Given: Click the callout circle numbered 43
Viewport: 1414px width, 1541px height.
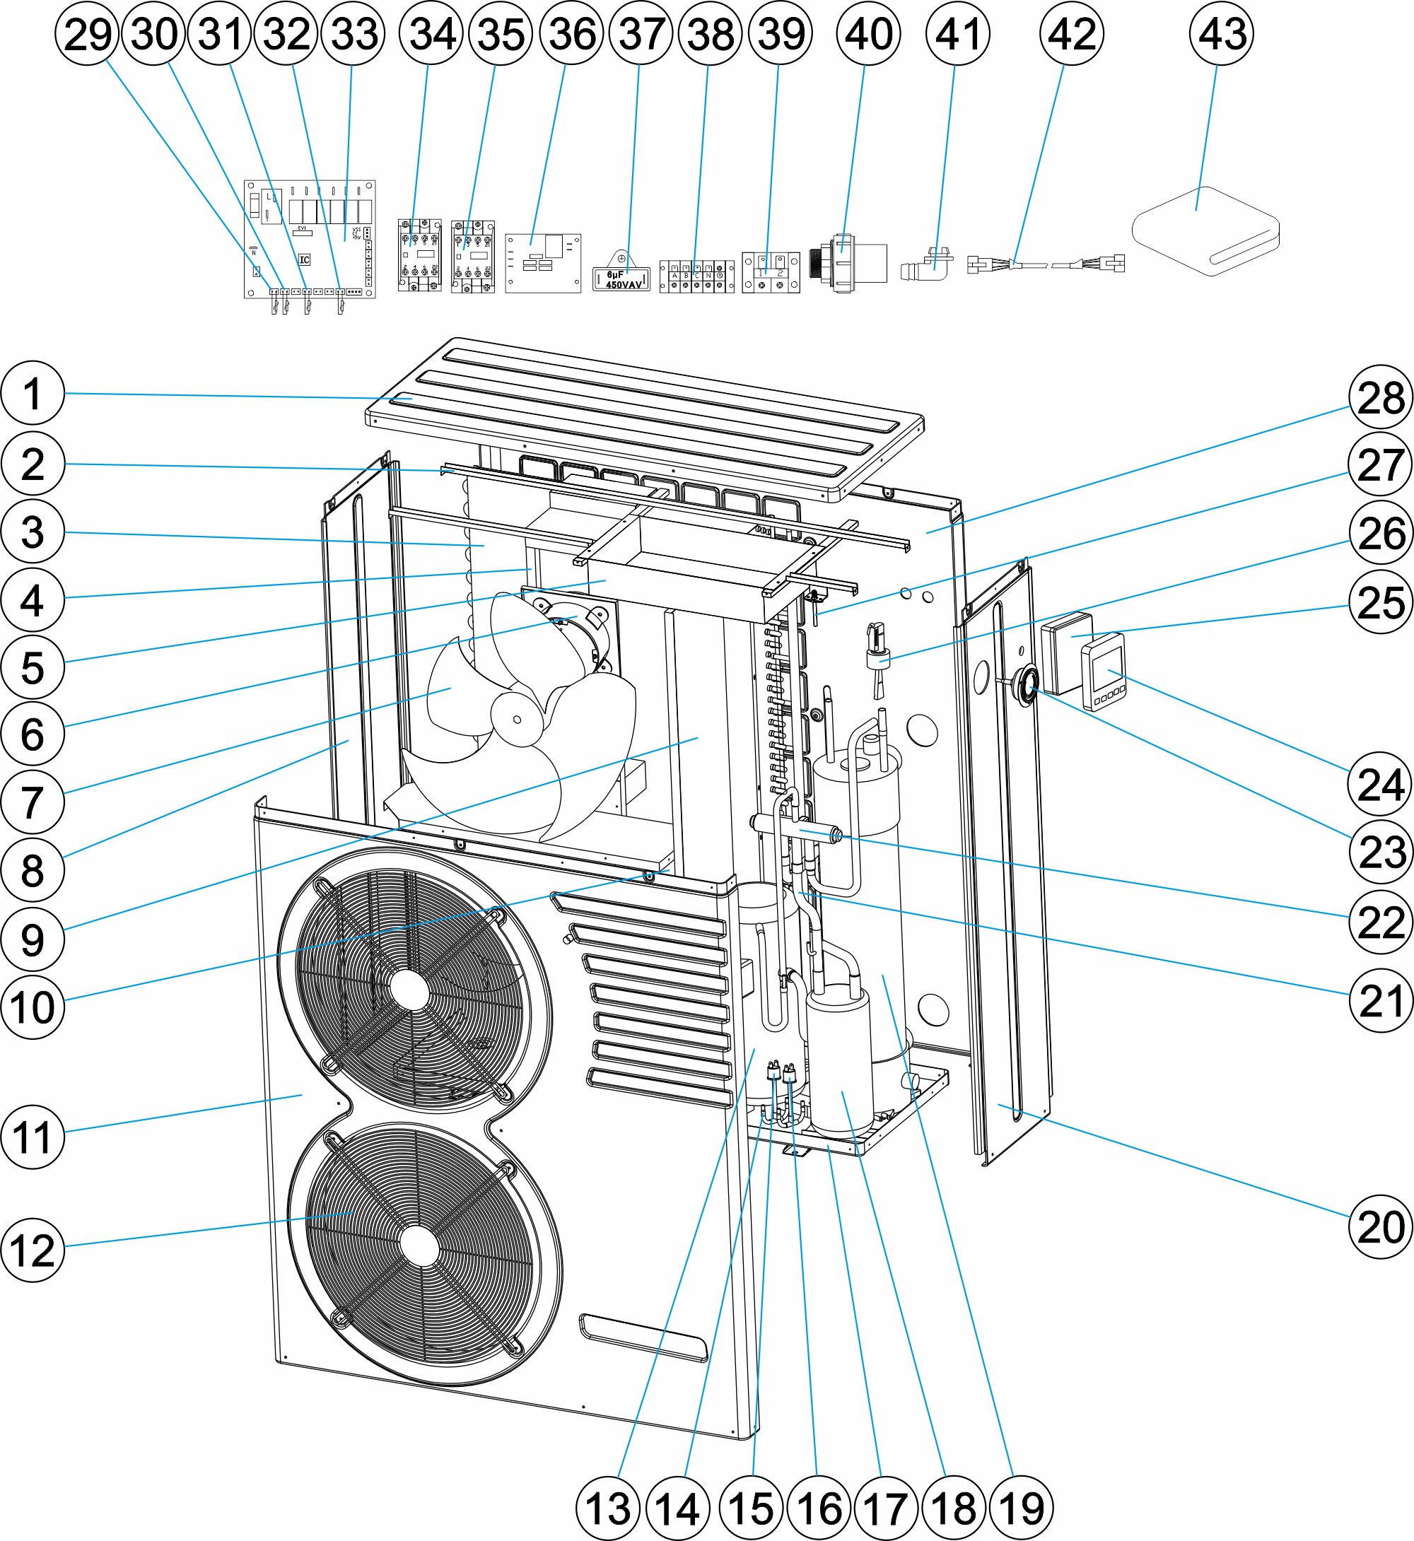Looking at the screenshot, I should tap(1222, 34).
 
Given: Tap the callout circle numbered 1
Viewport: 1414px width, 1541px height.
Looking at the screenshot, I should tap(32, 393).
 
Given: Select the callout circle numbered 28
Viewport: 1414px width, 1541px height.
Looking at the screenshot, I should tap(1380, 398).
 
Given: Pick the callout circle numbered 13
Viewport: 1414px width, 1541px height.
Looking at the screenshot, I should tap(608, 1508).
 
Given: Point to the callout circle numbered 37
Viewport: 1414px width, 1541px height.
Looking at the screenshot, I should tap(641, 34).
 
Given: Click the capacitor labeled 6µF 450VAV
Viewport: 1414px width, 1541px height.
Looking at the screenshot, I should tap(621, 279).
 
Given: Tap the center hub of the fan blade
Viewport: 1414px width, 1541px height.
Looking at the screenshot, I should tap(518, 719).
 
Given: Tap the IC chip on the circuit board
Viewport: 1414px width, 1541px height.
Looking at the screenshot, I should tap(305, 259).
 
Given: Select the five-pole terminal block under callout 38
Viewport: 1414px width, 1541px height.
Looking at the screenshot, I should tap(696, 276).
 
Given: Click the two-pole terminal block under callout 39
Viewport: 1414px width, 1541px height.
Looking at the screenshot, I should tap(771, 272).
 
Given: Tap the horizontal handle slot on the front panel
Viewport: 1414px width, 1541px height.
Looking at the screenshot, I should tap(643, 1338).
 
